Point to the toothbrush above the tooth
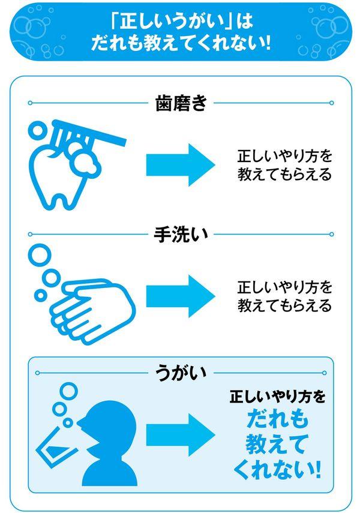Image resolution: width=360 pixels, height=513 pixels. click(x=90, y=133)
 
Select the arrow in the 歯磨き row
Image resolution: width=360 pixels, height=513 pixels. click(x=180, y=165)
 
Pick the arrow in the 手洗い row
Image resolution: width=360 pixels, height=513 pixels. click(x=180, y=296)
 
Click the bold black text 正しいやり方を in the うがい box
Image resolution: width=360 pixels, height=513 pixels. click(x=277, y=397)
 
